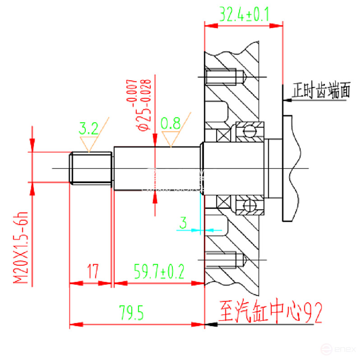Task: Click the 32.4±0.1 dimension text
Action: (244, 14)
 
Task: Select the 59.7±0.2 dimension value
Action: (159, 271)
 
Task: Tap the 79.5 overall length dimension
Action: (131, 312)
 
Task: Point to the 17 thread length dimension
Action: (93, 272)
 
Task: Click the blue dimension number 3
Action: (183, 222)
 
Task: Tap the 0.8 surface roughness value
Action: (171, 123)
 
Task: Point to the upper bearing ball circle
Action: (248, 131)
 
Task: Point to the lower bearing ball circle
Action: (248, 206)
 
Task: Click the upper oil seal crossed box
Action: (223, 135)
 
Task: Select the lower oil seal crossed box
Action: (223, 202)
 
